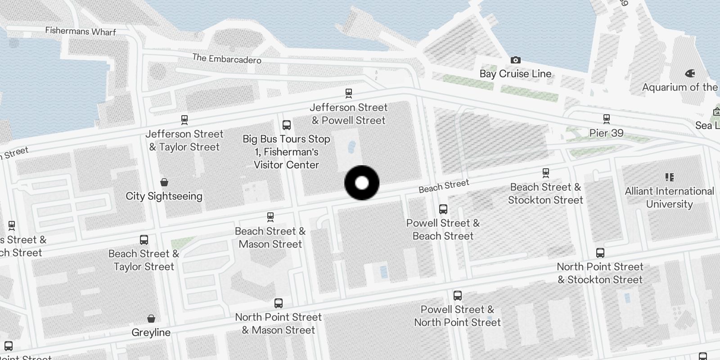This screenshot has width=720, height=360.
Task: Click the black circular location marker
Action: click(x=362, y=183)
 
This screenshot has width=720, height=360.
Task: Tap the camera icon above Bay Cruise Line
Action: click(x=515, y=60)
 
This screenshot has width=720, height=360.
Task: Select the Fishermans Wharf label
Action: click(x=81, y=31)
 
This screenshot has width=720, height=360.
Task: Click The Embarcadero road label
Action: click(x=226, y=58)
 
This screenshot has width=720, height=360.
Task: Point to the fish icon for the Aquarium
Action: click(x=690, y=73)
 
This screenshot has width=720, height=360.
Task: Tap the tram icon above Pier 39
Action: click(x=606, y=119)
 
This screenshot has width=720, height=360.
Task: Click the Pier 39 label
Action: click(x=606, y=133)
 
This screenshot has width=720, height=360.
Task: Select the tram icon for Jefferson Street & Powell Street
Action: click(x=348, y=94)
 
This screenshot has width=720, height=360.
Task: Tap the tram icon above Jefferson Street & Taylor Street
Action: click(x=184, y=120)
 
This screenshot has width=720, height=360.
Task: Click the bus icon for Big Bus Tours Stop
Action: click(x=286, y=125)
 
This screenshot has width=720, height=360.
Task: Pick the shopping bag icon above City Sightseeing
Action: click(x=164, y=182)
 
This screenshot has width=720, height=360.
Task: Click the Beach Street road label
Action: click(x=444, y=186)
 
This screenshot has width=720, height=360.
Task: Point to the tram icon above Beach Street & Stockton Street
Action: click(x=545, y=173)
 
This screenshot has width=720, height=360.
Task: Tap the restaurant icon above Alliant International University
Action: click(x=669, y=177)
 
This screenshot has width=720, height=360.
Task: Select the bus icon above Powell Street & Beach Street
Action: click(x=443, y=209)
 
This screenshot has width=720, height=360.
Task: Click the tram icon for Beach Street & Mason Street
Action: click(x=270, y=217)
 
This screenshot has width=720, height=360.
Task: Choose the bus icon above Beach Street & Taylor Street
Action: click(x=144, y=240)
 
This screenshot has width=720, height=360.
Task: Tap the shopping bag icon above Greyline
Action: click(x=151, y=319)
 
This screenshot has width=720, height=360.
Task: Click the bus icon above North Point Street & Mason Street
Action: click(x=279, y=303)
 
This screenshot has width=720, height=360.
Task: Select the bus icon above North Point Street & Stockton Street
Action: click(x=600, y=253)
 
